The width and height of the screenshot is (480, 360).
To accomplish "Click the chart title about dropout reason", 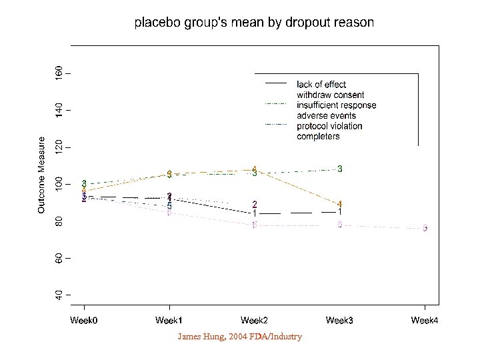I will pos(254,23).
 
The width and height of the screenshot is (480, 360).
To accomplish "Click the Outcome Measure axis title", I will pos(41,175).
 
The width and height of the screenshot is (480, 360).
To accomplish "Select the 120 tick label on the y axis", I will pos(59,146).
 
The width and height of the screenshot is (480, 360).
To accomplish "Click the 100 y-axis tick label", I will pos(59,183).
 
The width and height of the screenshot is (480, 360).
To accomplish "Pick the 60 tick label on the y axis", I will pos(59,257).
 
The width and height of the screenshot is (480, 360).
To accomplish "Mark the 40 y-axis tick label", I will pos(59,294).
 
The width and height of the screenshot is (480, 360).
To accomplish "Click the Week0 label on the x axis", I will pos(84,321).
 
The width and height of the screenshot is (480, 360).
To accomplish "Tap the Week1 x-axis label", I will pos(169,321).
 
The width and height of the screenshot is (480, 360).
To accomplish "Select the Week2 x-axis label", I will pos(254,321).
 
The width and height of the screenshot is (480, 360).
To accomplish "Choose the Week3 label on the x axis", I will pos(339,321).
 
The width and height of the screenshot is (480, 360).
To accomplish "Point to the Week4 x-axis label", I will pos(425,321).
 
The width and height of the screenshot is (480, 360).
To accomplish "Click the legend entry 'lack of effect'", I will pos(321,84).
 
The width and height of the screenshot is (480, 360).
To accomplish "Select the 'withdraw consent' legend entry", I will pos(331,95).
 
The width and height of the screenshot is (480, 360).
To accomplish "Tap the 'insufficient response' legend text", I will pos(337,105).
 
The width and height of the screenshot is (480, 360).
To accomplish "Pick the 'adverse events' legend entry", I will pos(327,116).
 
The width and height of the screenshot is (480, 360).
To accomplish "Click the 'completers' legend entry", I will pos(318,137).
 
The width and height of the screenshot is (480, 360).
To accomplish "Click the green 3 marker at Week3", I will pos(340,169).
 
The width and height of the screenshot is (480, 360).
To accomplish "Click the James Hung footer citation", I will pos(239,337).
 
